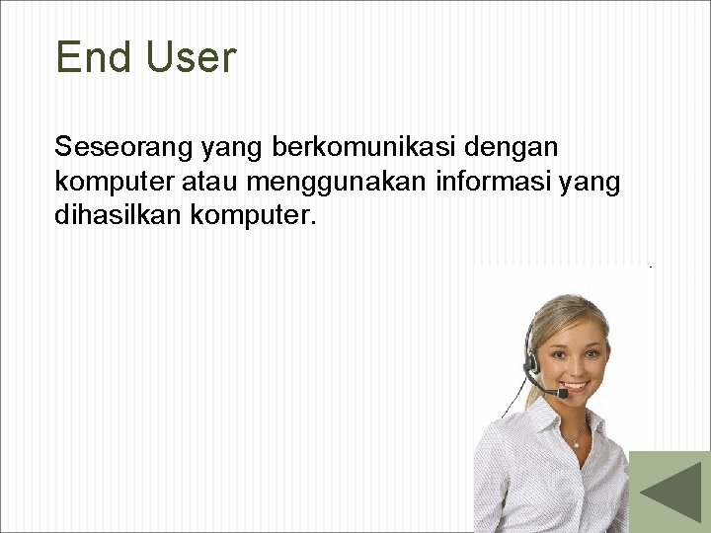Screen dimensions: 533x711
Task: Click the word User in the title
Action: [x=191, y=58]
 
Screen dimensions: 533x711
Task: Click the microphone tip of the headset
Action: [x=563, y=393]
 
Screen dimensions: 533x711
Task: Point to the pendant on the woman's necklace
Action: [x=577, y=443]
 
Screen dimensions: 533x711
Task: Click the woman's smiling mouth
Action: [x=576, y=386]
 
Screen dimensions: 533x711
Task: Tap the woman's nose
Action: [x=579, y=364]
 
